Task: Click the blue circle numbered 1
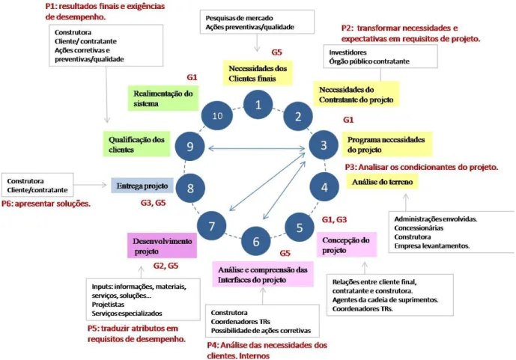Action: click(258, 105)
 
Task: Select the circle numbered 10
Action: click(217, 115)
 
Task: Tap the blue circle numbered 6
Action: click(256, 241)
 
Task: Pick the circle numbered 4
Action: click(324, 187)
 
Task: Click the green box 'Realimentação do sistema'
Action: click(163, 98)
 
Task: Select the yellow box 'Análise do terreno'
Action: click(382, 182)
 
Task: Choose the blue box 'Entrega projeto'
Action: click(142, 186)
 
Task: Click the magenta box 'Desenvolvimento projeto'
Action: click(162, 245)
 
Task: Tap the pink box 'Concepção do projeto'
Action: click(347, 245)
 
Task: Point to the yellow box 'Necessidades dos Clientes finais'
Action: click(258, 73)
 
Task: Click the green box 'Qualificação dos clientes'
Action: click(136, 144)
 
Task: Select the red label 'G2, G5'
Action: click(166, 266)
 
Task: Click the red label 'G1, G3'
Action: click(334, 219)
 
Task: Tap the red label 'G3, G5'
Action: click(154, 203)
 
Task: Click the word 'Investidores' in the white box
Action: click(347, 52)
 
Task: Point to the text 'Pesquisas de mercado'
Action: click(239, 18)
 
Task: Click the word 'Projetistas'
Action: click(108, 305)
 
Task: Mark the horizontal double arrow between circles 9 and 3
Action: click(257, 149)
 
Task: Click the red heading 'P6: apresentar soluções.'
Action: click(46, 204)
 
